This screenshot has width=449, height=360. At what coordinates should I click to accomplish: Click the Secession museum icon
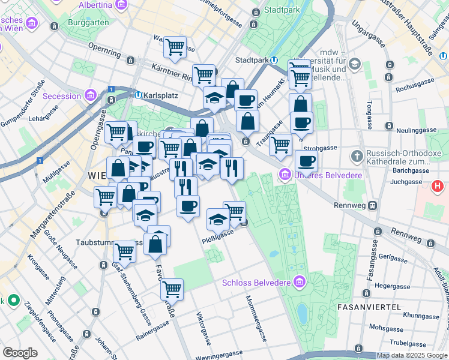tap(91, 95)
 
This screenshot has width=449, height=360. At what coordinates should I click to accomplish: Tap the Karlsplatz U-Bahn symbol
tap(138, 95)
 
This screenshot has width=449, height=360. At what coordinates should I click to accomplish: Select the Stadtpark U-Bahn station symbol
tap(274, 60)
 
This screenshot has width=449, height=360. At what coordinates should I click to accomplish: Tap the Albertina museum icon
tap(122, 5)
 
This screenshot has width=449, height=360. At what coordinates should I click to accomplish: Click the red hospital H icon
tap(438, 187)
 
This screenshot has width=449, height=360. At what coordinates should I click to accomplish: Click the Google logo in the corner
tap(20, 353)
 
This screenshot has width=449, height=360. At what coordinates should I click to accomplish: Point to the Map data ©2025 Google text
tap(411, 355)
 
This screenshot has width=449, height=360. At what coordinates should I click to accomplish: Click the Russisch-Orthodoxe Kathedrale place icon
tap(357, 155)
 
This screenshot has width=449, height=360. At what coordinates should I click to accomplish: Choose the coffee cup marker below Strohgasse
tap(306, 161)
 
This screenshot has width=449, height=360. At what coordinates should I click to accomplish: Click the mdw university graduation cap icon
tap(355, 64)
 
